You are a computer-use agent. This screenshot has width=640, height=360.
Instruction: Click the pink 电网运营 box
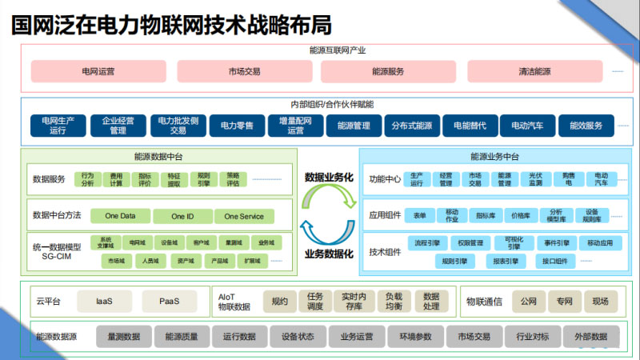coord(98,71)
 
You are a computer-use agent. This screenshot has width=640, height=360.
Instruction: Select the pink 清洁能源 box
coord(534,71)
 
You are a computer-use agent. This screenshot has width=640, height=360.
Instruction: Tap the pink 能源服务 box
coord(388,71)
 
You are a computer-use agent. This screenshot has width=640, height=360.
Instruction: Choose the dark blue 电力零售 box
coord(237,126)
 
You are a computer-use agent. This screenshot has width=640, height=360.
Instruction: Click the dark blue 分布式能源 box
coord(412,126)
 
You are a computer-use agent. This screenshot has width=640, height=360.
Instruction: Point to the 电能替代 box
coord(470,126)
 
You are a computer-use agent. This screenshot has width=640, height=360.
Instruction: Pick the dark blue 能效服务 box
coord(586,126)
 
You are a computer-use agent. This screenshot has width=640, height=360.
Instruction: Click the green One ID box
coord(183,216)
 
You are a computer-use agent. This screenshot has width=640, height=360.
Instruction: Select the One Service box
coord(244,216)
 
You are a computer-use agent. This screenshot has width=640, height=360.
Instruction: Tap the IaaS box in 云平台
coord(104,302)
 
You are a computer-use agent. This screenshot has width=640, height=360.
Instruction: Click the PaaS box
coord(169,302)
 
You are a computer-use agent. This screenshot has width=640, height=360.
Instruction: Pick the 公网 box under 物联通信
coord(528,302)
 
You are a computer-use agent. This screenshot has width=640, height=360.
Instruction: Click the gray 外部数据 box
coord(590,337)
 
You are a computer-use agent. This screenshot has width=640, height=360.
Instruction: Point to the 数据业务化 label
coord(329,177)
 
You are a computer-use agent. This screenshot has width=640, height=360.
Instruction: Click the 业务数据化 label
coord(329,254)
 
